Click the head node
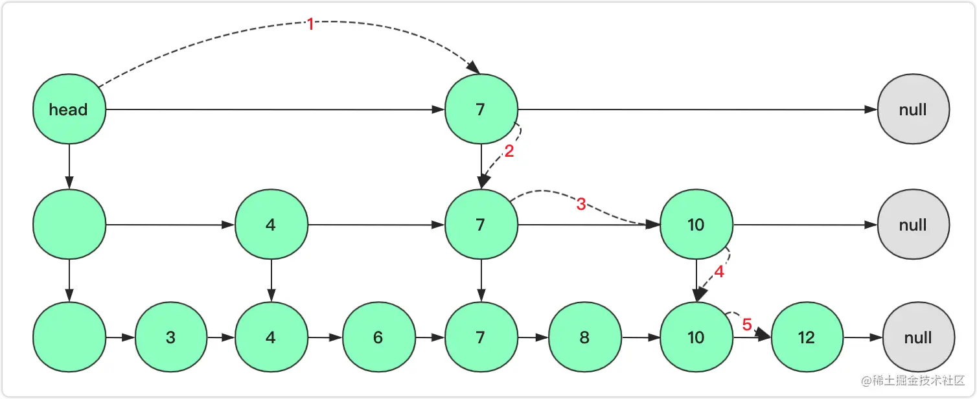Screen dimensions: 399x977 (69, 109)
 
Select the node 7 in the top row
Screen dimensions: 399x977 (481, 109)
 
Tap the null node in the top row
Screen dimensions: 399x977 (913, 109)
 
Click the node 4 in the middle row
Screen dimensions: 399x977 (271, 225)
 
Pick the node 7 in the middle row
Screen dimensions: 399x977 (481, 225)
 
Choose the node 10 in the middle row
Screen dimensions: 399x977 (696, 225)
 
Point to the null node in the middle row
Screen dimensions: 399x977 (913, 225)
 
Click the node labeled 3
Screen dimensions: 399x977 (170, 337)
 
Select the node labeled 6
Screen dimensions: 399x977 (378, 337)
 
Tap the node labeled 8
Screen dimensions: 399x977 (584, 337)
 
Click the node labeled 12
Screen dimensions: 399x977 (807, 337)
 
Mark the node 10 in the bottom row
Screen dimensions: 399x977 (696, 337)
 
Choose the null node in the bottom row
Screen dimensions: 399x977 (918, 337)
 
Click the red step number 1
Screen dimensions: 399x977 (310, 25)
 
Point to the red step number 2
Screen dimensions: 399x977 (509, 154)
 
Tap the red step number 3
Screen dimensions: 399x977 (580, 205)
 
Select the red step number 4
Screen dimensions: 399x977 (719, 272)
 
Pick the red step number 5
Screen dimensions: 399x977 (746, 325)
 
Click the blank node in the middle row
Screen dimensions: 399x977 (69, 225)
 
